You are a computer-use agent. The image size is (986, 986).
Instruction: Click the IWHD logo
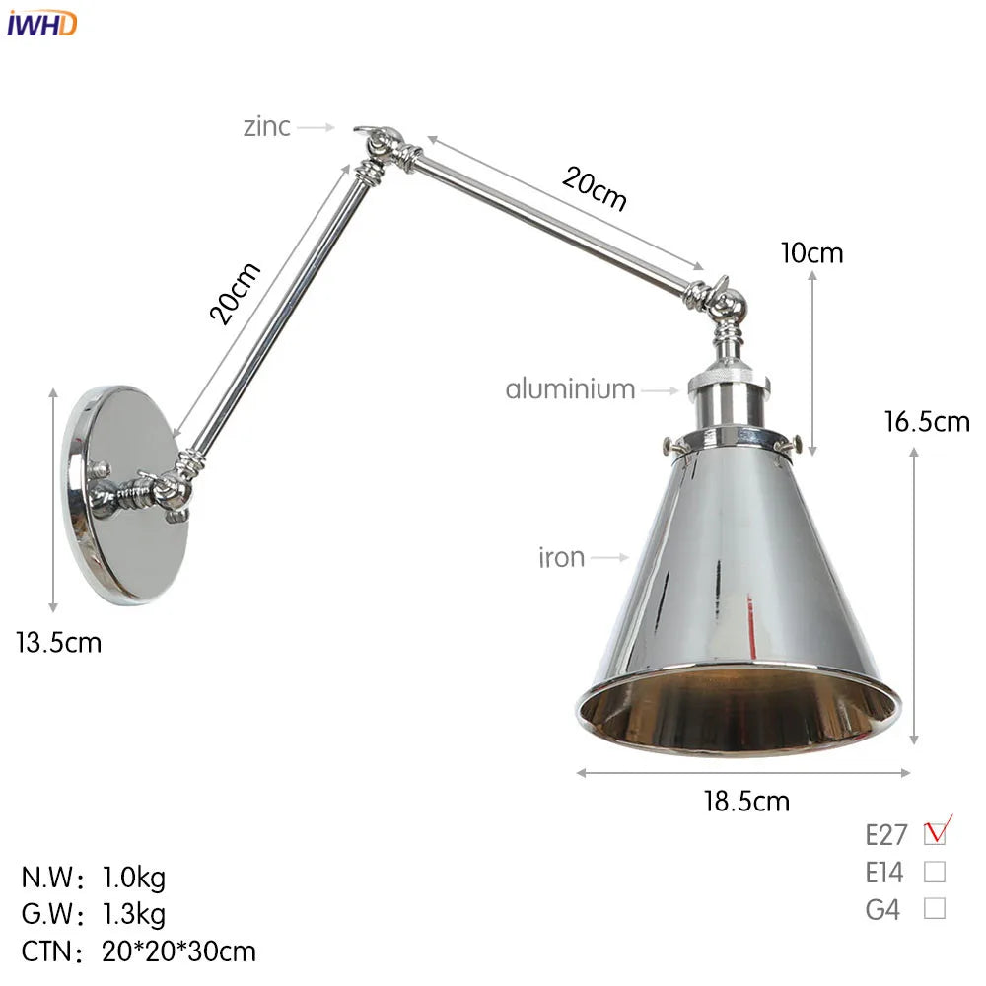point(41,24)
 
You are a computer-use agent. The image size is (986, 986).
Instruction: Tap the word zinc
point(267,126)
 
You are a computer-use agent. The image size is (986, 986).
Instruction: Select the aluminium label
point(570,388)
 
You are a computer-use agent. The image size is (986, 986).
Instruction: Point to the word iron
point(561,558)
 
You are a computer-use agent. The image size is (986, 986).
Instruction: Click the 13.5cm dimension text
point(58,643)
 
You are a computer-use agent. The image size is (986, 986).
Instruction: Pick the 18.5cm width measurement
point(746,801)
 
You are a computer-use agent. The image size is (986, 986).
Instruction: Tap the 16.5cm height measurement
point(927,422)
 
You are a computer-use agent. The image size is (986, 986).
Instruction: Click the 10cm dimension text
point(811,253)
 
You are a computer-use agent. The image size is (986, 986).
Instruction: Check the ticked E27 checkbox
point(935,834)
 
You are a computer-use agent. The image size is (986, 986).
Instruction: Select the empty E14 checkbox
point(935,872)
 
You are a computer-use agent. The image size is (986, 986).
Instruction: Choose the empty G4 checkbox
point(935,908)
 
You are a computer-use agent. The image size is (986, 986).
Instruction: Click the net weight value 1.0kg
point(134,876)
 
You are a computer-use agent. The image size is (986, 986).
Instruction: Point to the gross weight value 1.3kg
point(134,913)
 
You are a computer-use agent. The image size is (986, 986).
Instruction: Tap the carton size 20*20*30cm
point(178,951)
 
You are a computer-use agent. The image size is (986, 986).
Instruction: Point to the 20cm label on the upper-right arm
point(595,187)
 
